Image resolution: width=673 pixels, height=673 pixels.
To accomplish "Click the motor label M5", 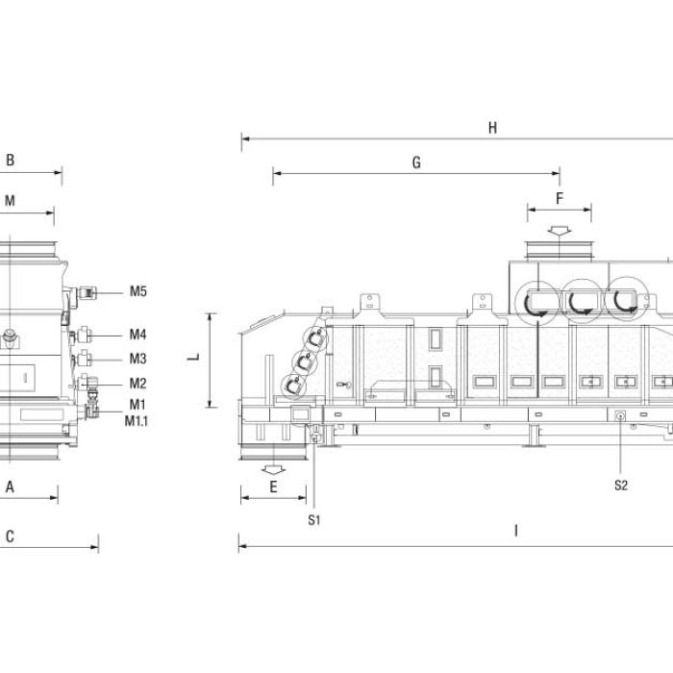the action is click(x=138, y=291).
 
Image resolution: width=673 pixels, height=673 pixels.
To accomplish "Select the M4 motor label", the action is click(x=137, y=335).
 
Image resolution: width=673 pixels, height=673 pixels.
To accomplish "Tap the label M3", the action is click(x=137, y=359).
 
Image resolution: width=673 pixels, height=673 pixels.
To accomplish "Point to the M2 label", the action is click(x=137, y=384).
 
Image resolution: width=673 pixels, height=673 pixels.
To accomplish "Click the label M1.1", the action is click(x=137, y=421).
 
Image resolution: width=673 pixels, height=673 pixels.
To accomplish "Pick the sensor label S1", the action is click(x=314, y=520).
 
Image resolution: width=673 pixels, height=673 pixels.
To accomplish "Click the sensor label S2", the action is click(x=621, y=486).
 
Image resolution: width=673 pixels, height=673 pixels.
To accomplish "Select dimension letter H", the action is click(x=492, y=128).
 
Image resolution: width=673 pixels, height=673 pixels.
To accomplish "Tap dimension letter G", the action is click(x=416, y=162).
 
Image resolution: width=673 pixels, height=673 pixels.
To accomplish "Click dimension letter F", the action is click(x=560, y=199).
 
